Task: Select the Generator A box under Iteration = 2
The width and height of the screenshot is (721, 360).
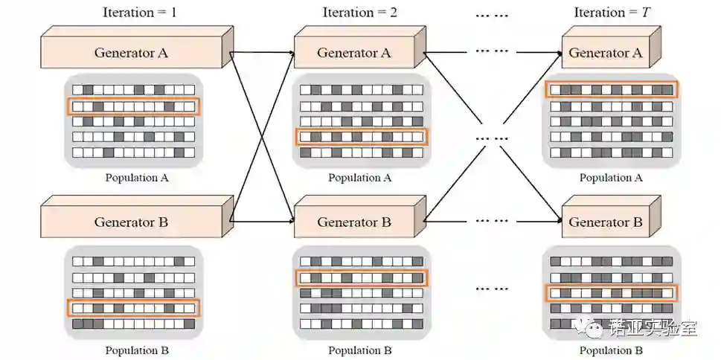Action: tap(353, 53)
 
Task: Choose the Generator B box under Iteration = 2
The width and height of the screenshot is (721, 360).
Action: tap(353, 222)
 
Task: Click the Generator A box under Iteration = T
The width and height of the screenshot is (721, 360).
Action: tap(606, 53)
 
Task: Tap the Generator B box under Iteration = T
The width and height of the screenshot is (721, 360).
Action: tap(606, 222)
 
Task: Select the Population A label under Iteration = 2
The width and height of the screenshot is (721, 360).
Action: tap(361, 178)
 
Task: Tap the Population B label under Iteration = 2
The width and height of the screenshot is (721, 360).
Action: tap(361, 350)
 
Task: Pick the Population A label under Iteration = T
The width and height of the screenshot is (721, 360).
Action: tap(610, 178)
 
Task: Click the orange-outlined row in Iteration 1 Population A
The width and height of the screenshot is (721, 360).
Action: tap(134, 106)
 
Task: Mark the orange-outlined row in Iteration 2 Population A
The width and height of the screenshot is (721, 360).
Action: tap(362, 137)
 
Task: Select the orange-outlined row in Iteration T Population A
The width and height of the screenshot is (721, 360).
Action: tap(612, 90)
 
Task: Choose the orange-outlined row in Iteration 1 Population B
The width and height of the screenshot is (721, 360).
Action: tap(134, 307)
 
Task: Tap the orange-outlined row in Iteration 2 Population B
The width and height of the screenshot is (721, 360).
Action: tap(362, 278)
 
